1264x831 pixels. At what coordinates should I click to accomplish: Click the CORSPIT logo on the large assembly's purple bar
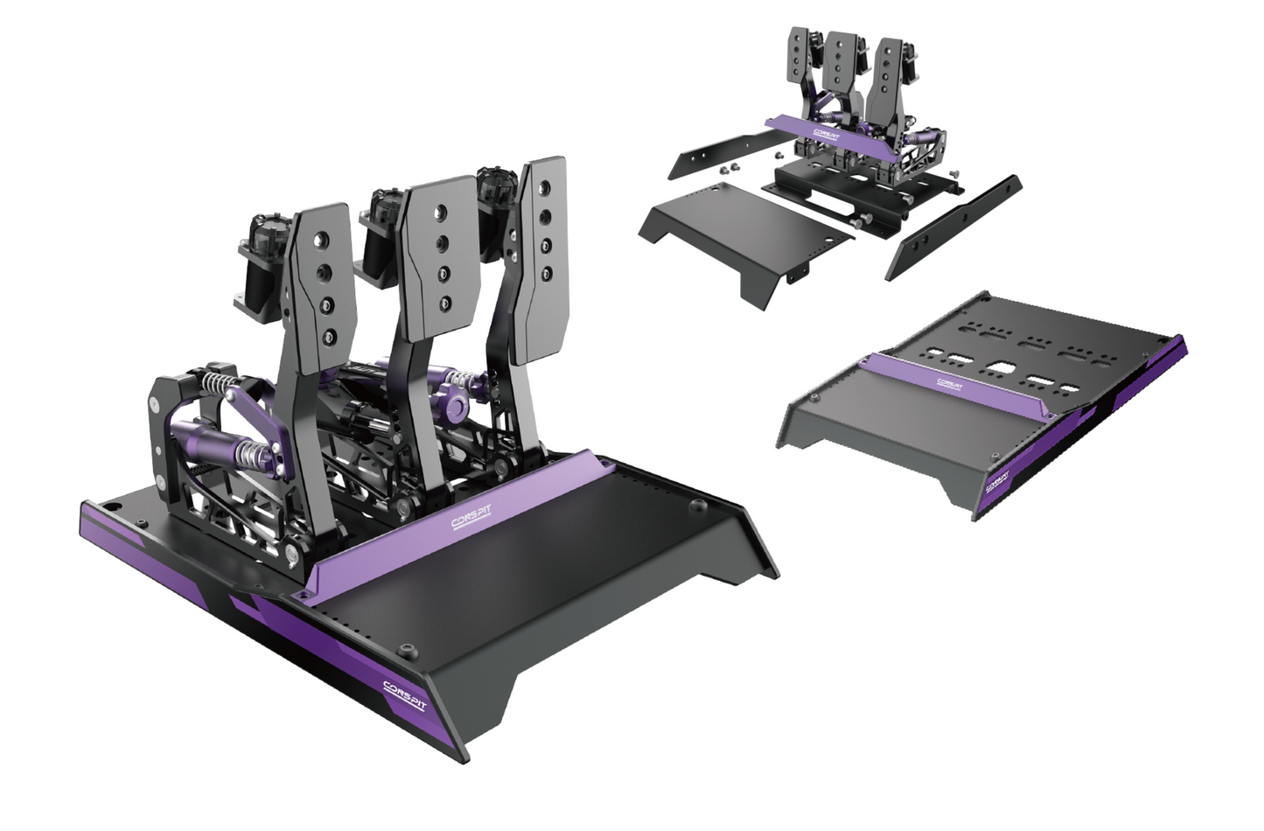point(471,520)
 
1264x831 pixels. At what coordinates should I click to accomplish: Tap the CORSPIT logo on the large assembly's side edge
point(403,695)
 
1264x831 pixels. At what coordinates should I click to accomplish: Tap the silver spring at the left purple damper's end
point(252,454)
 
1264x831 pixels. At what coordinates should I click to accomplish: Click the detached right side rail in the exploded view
point(953,226)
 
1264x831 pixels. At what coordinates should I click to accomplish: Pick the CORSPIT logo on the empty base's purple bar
point(950,381)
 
